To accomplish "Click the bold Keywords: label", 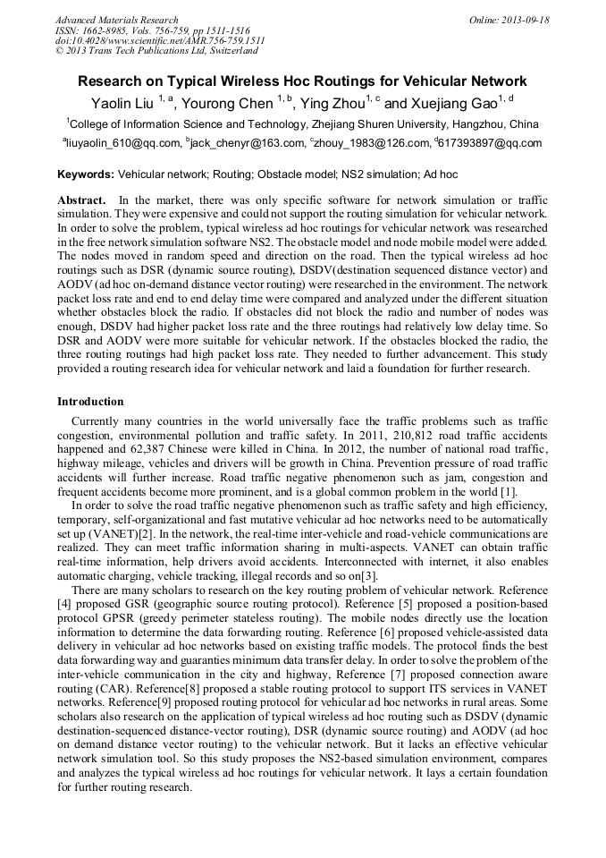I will point(86,173).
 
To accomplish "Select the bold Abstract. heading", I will point(82,200).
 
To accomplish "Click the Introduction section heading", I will point(90,402).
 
